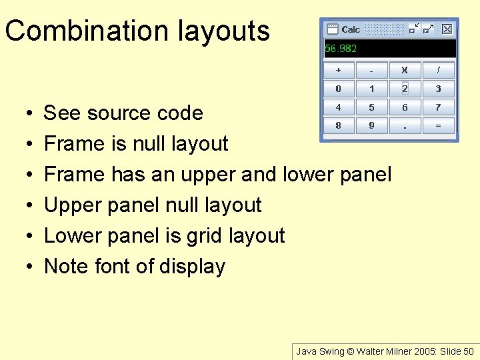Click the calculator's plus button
point(339,70)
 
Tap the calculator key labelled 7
point(438,107)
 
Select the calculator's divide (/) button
point(438,70)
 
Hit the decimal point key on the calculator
point(405,126)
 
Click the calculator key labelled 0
point(339,89)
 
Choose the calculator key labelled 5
point(372,107)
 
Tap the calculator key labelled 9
point(372,126)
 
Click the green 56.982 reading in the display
point(341,49)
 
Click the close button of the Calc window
point(447,29)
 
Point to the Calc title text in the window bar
point(351,29)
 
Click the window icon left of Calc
point(332,29)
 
